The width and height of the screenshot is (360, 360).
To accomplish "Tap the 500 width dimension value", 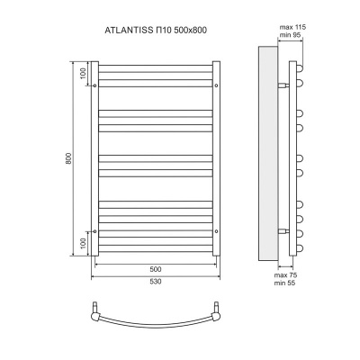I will click(155, 269).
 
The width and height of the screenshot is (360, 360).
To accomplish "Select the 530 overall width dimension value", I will click(155, 283).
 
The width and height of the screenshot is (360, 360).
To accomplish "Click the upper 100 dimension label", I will click(82, 73).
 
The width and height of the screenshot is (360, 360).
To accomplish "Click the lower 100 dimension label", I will click(82, 243).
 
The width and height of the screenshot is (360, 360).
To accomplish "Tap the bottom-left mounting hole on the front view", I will click(94, 231).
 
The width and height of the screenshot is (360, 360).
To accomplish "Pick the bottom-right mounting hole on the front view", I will click(217, 231).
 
